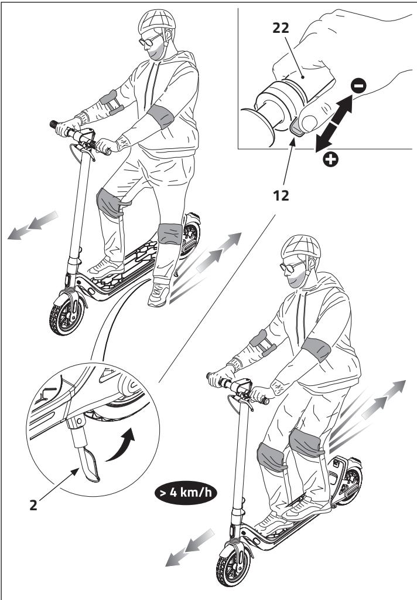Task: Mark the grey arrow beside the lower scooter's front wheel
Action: (x=188, y=545)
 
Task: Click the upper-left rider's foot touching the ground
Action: (x=159, y=293)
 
